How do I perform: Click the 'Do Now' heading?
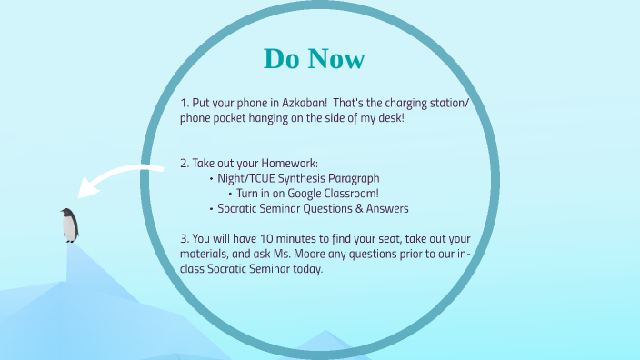[315, 58]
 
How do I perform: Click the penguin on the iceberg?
[69, 225]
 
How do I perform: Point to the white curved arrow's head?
[86, 190]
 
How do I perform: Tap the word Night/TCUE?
[246, 179]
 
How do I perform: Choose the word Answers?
[385, 208]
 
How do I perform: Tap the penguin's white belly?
[71, 228]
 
